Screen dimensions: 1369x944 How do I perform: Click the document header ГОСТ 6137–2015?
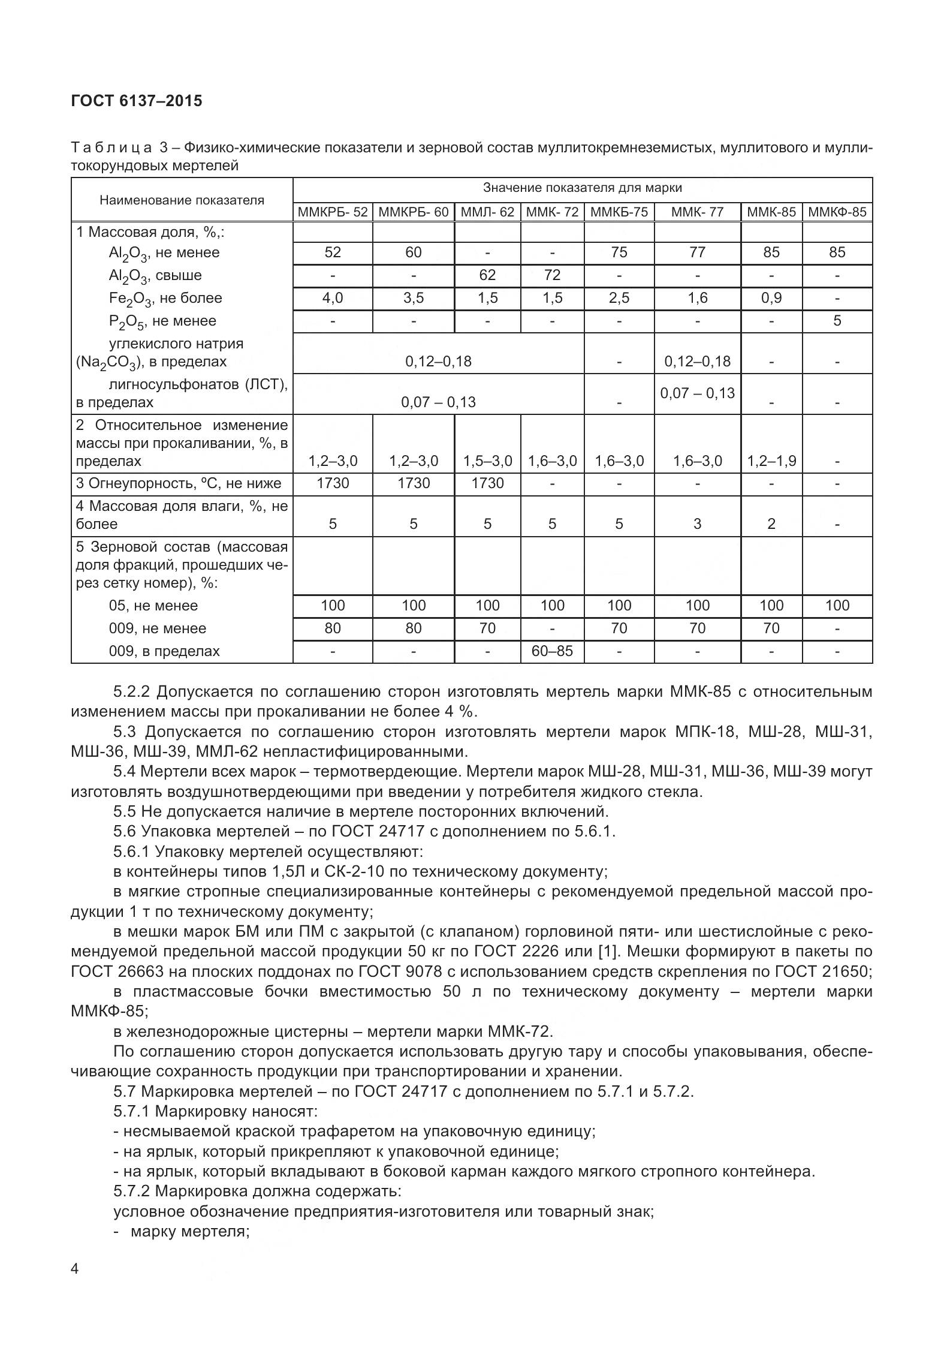[137, 101]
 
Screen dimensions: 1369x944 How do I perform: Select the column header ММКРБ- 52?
[333, 212]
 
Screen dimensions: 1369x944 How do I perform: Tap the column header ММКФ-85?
[837, 212]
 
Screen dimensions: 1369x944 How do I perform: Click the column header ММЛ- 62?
[487, 212]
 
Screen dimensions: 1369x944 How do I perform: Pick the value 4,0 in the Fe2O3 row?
[333, 298]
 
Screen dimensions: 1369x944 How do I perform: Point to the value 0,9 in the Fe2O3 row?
[771, 298]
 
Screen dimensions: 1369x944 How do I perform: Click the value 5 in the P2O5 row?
[837, 321]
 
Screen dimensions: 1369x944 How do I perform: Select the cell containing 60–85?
[552, 651]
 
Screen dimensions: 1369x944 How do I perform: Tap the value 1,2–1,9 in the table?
[771, 461]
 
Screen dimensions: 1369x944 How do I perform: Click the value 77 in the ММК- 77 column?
[697, 252]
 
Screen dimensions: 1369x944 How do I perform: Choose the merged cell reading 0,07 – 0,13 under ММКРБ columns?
[438, 402]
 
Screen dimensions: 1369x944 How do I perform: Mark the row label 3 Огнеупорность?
[179, 483]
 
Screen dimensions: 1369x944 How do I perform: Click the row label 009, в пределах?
[164, 651]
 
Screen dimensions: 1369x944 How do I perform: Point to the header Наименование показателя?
[182, 200]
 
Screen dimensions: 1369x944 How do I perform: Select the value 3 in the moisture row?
[697, 524]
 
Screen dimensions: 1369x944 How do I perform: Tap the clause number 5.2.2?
[133, 692]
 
